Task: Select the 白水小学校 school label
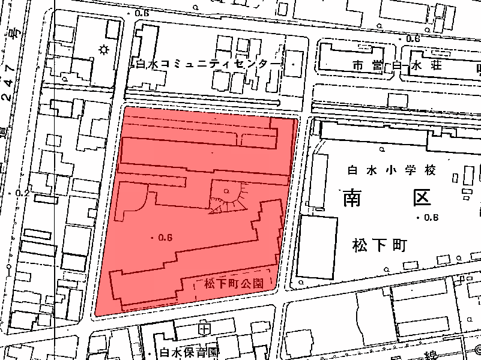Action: (391, 170)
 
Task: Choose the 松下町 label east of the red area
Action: (381, 245)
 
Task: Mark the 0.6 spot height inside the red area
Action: (164, 238)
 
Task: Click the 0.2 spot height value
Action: (23, 193)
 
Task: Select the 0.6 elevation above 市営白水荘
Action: (413, 38)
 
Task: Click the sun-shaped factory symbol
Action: (104, 49)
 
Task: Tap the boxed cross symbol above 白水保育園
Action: (205, 329)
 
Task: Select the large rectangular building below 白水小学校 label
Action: (316, 247)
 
